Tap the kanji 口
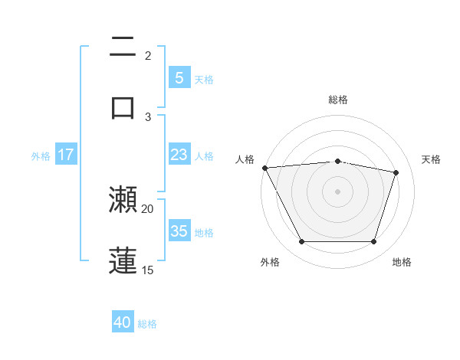123,106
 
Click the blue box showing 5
179,77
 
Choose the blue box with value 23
179,155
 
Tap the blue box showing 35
179,231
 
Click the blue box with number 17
65,155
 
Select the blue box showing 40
123,322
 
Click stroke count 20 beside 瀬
148,208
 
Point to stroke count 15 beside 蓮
148,270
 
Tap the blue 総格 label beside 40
147,324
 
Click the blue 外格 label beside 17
41,156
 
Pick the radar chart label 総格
338,100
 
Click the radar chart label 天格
431,159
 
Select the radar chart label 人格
245,159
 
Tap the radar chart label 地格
402,262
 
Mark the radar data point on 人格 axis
264,168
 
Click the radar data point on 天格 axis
396,173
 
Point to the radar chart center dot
337,191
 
